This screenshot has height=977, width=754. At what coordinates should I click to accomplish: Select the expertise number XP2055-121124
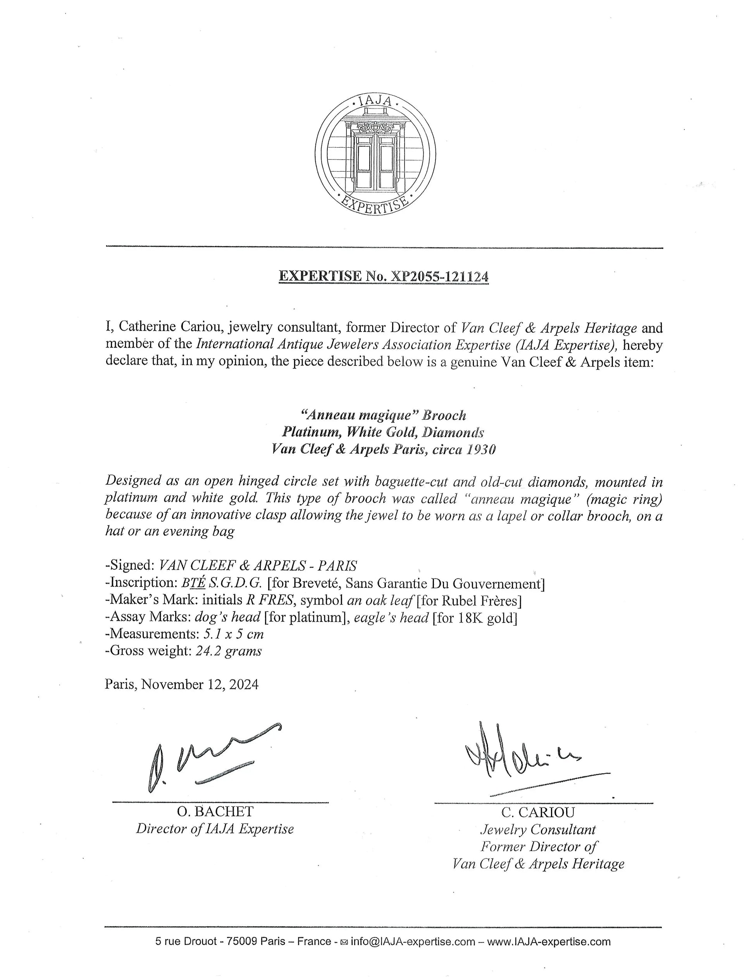click(x=440, y=276)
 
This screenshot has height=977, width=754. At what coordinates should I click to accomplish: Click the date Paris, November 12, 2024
click(x=182, y=684)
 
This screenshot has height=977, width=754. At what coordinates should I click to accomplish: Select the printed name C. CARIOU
click(x=538, y=812)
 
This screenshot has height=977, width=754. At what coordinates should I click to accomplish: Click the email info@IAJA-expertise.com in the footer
click(x=413, y=942)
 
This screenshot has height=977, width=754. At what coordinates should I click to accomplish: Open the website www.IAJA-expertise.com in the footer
click(x=549, y=942)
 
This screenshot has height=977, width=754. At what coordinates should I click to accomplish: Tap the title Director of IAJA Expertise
click(x=215, y=829)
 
